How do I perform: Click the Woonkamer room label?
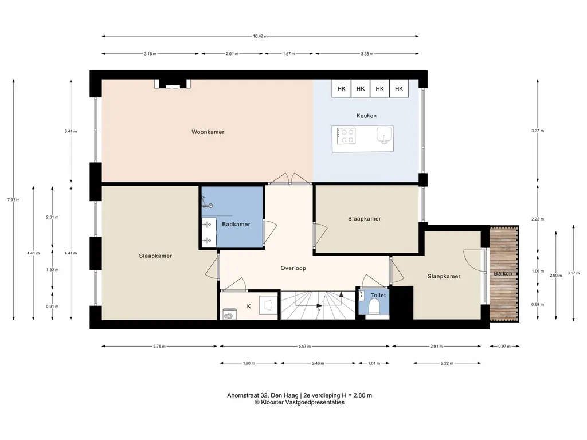[x=208, y=132]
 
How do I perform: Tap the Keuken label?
[x=366, y=116]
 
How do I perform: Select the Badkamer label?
[x=236, y=225]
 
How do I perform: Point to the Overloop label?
[x=293, y=268]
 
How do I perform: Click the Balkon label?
[x=503, y=273]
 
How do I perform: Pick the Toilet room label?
[x=378, y=295]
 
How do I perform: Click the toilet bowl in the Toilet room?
[x=374, y=308]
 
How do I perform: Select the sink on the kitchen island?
[x=384, y=135]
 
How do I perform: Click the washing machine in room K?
[x=229, y=315]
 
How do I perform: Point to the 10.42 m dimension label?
[x=260, y=36]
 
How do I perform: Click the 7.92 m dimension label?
[x=14, y=200]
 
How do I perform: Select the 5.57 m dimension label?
[x=305, y=347]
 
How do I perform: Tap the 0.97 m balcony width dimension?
[x=504, y=347]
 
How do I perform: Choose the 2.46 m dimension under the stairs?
[x=318, y=363]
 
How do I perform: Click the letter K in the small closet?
[x=249, y=307]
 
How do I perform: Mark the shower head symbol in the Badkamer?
[x=210, y=206]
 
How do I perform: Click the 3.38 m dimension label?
[x=367, y=54]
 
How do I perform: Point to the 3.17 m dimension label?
[x=573, y=273]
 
